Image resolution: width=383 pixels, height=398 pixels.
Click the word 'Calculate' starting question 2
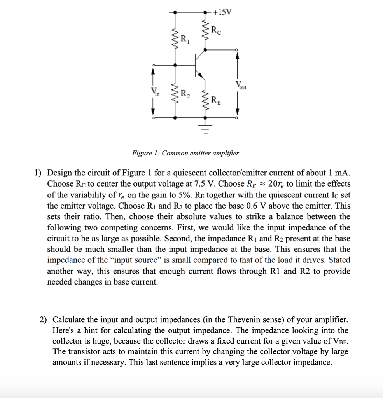[68, 320]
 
